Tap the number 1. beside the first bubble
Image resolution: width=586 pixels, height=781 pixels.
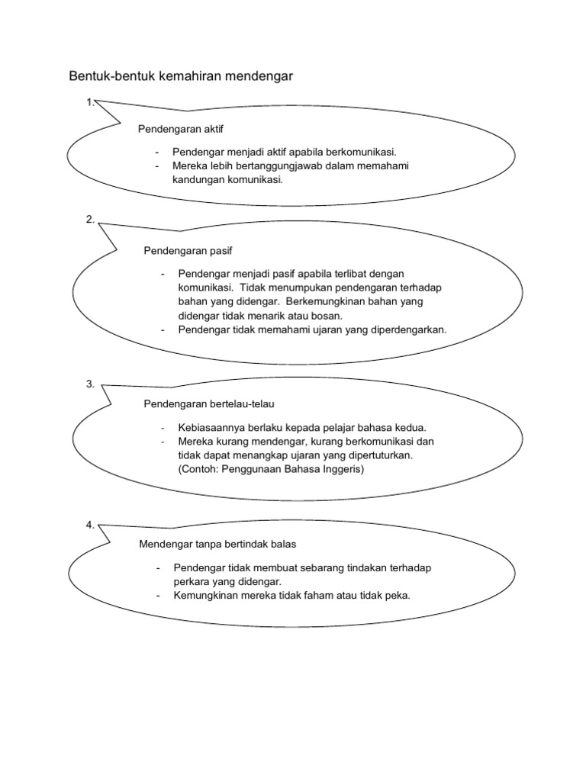pyautogui.click(x=90, y=103)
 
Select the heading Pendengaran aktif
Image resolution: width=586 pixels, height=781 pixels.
pyautogui.click(x=180, y=130)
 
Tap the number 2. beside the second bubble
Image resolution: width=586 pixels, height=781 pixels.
pyautogui.click(x=90, y=219)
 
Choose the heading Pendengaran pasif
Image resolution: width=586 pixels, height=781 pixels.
pyautogui.click(x=188, y=251)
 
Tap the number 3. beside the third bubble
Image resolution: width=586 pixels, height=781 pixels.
pyautogui.click(x=90, y=384)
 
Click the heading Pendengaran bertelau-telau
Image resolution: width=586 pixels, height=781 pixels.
pyautogui.click(x=209, y=404)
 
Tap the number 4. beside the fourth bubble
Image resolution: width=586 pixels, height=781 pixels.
pyautogui.click(x=90, y=525)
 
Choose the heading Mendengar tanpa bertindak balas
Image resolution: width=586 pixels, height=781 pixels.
pyautogui.click(x=217, y=545)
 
